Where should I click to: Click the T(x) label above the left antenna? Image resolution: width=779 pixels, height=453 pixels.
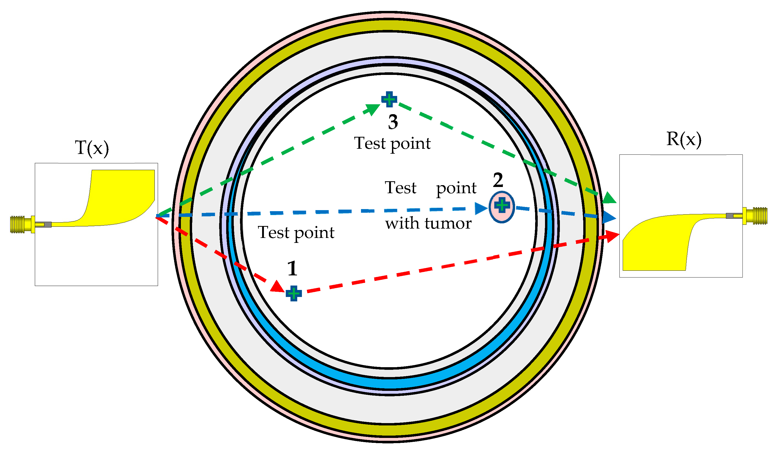coord(92,148)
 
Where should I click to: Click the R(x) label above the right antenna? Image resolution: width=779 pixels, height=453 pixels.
coord(683,139)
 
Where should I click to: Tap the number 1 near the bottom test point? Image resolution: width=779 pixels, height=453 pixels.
coord(292,269)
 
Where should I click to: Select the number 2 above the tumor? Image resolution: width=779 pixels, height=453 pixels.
coord(498,180)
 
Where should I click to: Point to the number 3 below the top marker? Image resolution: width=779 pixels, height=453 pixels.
coord(393,122)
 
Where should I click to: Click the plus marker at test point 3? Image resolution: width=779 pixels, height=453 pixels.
coord(389,99)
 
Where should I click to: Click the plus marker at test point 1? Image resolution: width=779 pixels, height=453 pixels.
coord(293,293)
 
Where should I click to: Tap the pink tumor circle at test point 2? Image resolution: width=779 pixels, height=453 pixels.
coord(502,207)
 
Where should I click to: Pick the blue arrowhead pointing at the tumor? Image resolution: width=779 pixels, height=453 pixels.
coord(481,209)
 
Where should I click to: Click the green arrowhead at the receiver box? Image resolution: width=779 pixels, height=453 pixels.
coord(609,198)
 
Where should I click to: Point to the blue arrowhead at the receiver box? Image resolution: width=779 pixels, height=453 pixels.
coord(609,217)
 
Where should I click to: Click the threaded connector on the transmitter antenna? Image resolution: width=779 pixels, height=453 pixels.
coord(18,224)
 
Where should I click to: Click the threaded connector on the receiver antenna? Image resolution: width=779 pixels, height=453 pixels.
coord(760,216)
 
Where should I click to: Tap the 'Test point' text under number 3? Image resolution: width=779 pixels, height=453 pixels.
coord(392,144)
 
